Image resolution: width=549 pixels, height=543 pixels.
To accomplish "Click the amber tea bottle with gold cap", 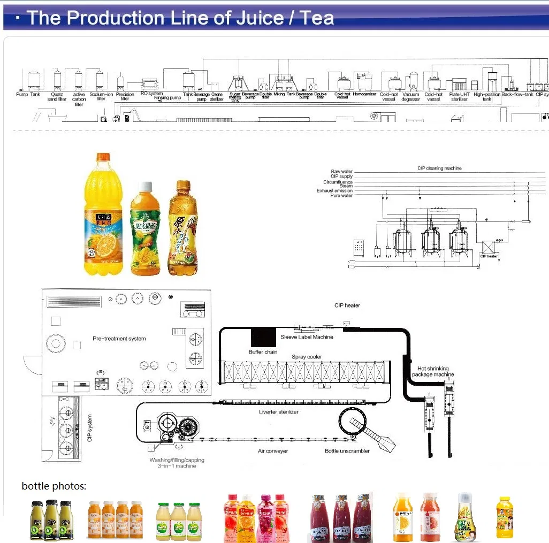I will pyautogui.click(x=182, y=227).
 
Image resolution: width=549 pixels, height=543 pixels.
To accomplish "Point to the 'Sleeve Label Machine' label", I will pyautogui.click(x=307, y=337).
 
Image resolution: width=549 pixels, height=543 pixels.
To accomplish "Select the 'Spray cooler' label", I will pyautogui.click(x=307, y=357).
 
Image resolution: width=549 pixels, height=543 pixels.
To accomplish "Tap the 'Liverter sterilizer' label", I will pyautogui.click(x=279, y=412).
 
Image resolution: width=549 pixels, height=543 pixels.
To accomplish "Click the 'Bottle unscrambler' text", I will pyautogui.click(x=347, y=451).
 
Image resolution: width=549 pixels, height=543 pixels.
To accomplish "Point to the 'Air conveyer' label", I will pyautogui.click(x=273, y=451).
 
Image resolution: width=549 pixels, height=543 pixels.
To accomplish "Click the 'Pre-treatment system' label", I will pyautogui.click(x=119, y=339).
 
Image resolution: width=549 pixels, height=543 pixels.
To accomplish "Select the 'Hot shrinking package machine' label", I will pyautogui.click(x=433, y=372).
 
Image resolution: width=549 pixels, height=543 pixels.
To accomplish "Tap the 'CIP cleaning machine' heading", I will pyautogui.click(x=439, y=168).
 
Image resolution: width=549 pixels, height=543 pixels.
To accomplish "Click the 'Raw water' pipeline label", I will pyautogui.click(x=342, y=172).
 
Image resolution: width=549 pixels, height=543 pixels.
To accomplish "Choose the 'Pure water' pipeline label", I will pyautogui.click(x=342, y=196).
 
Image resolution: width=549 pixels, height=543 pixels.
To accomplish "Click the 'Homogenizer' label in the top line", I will pyautogui.click(x=364, y=95).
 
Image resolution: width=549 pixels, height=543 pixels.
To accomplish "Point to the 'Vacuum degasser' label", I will pyautogui.click(x=411, y=97).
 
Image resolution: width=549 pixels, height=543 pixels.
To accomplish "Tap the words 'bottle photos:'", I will pyautogui.click(x=54, y=486).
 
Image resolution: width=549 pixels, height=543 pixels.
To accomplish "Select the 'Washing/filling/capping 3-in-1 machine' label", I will pyautogui.click(x=177, y=463).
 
